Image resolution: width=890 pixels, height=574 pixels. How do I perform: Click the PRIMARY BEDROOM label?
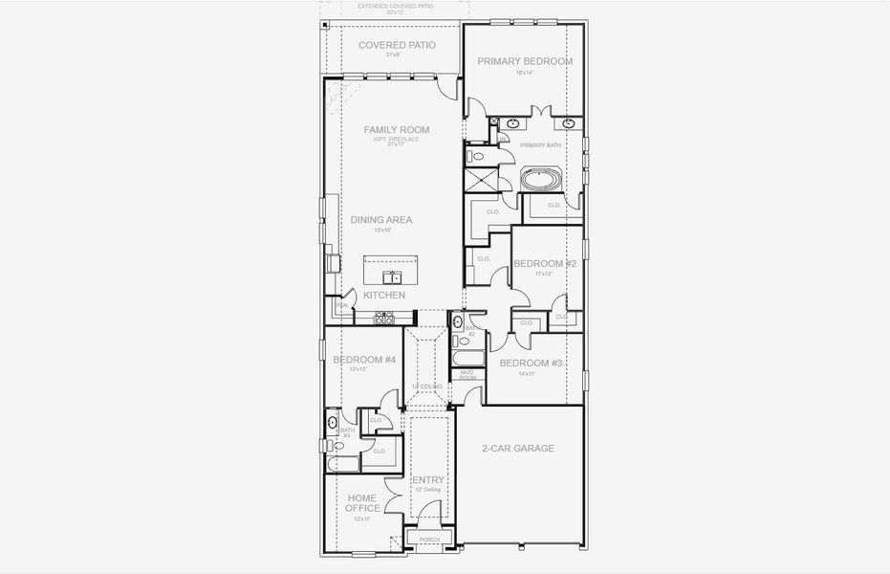coord(525,61)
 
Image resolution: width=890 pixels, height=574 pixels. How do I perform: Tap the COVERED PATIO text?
coord(397,45)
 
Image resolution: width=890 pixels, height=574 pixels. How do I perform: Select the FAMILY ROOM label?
coord(396,129)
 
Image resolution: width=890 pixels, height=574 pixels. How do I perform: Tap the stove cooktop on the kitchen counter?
coord(384,319)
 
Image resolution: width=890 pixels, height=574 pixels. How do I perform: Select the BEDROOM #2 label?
coord(544,263)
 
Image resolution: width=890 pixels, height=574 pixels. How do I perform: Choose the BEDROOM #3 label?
coord(531,363)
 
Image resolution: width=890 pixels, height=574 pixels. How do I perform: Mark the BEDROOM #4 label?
coord(363,360)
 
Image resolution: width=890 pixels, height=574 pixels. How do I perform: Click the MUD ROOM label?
coord(468,374)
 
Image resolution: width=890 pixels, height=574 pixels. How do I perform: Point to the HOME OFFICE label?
coord(362,502)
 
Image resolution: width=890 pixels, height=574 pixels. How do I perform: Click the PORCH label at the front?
coord(426,541)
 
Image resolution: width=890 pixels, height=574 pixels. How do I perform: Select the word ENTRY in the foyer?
coord(427,479)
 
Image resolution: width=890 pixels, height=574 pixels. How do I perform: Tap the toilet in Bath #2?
coord(457,321)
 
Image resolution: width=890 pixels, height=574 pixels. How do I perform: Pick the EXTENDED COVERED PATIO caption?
coord(396,6)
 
